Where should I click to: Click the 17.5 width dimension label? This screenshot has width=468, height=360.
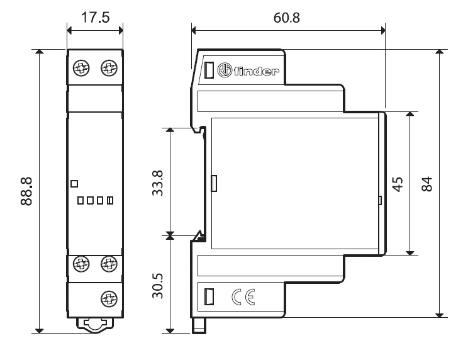(x=96, y=17)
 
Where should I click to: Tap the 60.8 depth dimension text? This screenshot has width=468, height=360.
(x=287, y=17)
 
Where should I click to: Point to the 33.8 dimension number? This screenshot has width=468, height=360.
(x=158, y=181)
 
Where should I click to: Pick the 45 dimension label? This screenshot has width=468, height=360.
(x=397, y=184)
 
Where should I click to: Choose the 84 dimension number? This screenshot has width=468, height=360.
(x=427, y=184)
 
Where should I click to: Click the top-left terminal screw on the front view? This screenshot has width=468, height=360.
(x=82, y=67)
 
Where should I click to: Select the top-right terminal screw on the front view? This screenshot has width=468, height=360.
(x=109, y=67)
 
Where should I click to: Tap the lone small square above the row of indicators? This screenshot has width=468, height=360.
(x=74, y=183)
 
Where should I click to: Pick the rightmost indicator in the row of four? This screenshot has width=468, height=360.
(x=110, y=201)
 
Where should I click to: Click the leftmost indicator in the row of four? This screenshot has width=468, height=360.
(x=81, y=201)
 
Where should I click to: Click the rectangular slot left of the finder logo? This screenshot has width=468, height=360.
(x=208, y=70)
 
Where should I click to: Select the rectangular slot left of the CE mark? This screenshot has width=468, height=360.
(x=209, y=296)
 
